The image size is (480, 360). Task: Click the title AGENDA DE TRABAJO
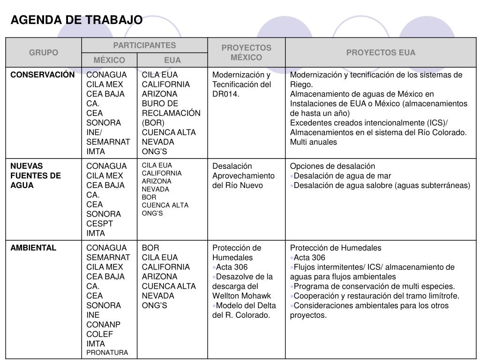[x=76, y=20]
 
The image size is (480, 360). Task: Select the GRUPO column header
[x=44, y=52]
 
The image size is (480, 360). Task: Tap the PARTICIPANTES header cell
[x=144, y=45]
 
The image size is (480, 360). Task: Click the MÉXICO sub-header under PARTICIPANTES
[x=109, y=60]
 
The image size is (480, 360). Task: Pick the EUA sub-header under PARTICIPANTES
[x=172, y=60]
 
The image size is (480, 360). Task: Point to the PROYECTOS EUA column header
[x=381, y=52]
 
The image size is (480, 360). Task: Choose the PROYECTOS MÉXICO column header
[x=246, y=52]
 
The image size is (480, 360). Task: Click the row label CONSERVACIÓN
[x=43, y=75]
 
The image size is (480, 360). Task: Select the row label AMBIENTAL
[x=33, y=248]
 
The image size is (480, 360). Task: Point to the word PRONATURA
[x=107, y=352]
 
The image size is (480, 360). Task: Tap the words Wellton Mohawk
[x=241, y=296]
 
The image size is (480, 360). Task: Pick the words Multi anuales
[x=313, y=142]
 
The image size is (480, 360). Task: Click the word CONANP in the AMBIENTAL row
[x=103, y=324]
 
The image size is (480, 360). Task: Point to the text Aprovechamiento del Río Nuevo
[x=243, y=180]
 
